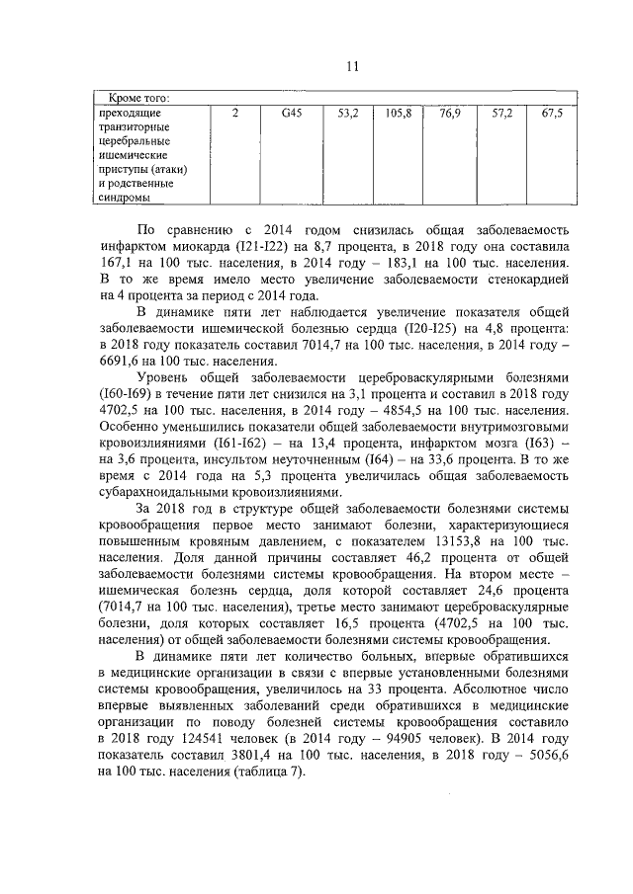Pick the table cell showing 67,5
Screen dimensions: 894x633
[552, 114]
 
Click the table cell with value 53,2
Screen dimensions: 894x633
[347, 114]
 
